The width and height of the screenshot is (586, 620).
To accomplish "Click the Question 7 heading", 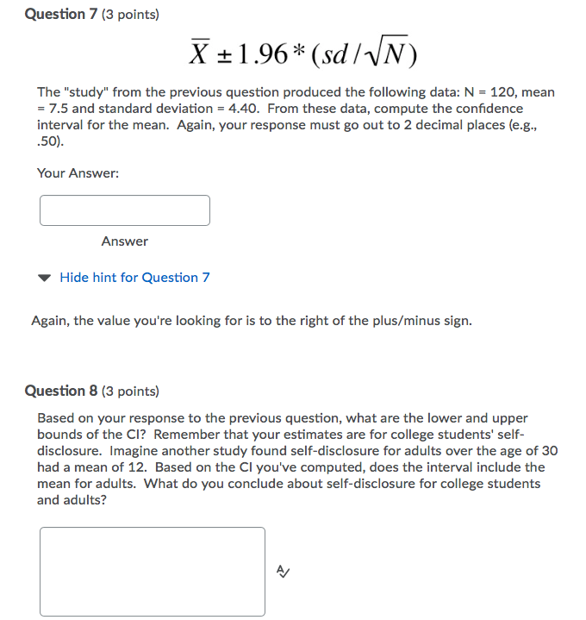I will pos(62,15).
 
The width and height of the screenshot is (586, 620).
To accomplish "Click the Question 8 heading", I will pos(62,391).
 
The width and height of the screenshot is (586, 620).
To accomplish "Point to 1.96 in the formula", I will pos(256,54).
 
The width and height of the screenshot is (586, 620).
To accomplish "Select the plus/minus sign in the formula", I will pos(222,55).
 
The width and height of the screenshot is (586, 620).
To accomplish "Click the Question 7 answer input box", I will pos(124,210).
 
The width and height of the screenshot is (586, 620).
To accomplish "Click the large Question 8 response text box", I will pos(153,571).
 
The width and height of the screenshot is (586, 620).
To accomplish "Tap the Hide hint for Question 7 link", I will pos(134,278).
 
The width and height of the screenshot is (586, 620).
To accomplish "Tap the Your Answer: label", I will pos(78,173).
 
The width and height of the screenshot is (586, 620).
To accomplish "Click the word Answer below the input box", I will pos(124,241).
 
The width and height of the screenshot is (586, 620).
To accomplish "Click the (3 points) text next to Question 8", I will pos(130,391).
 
